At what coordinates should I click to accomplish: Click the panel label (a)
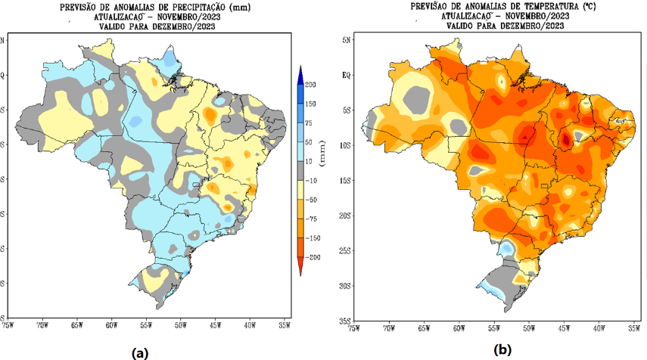point(140,352)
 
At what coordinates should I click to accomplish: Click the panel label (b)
point(502,350)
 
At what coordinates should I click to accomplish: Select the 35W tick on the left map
point(285,324)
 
